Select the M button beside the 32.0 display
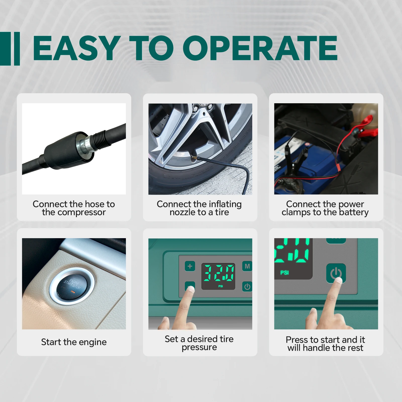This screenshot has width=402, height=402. coord(247,266)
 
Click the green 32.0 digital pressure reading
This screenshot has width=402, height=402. coord(218,273)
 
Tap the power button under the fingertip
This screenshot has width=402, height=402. coord(336,273)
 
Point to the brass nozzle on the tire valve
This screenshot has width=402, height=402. coord(194,157)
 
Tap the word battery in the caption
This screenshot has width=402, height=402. coord(354,213)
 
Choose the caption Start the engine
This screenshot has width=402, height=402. coord(74,342)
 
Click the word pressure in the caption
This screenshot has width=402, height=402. coord(199,347)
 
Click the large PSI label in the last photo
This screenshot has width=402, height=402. coord(285,273)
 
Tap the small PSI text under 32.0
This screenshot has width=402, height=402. coord(221,286)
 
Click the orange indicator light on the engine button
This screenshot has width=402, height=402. coord(73,292)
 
